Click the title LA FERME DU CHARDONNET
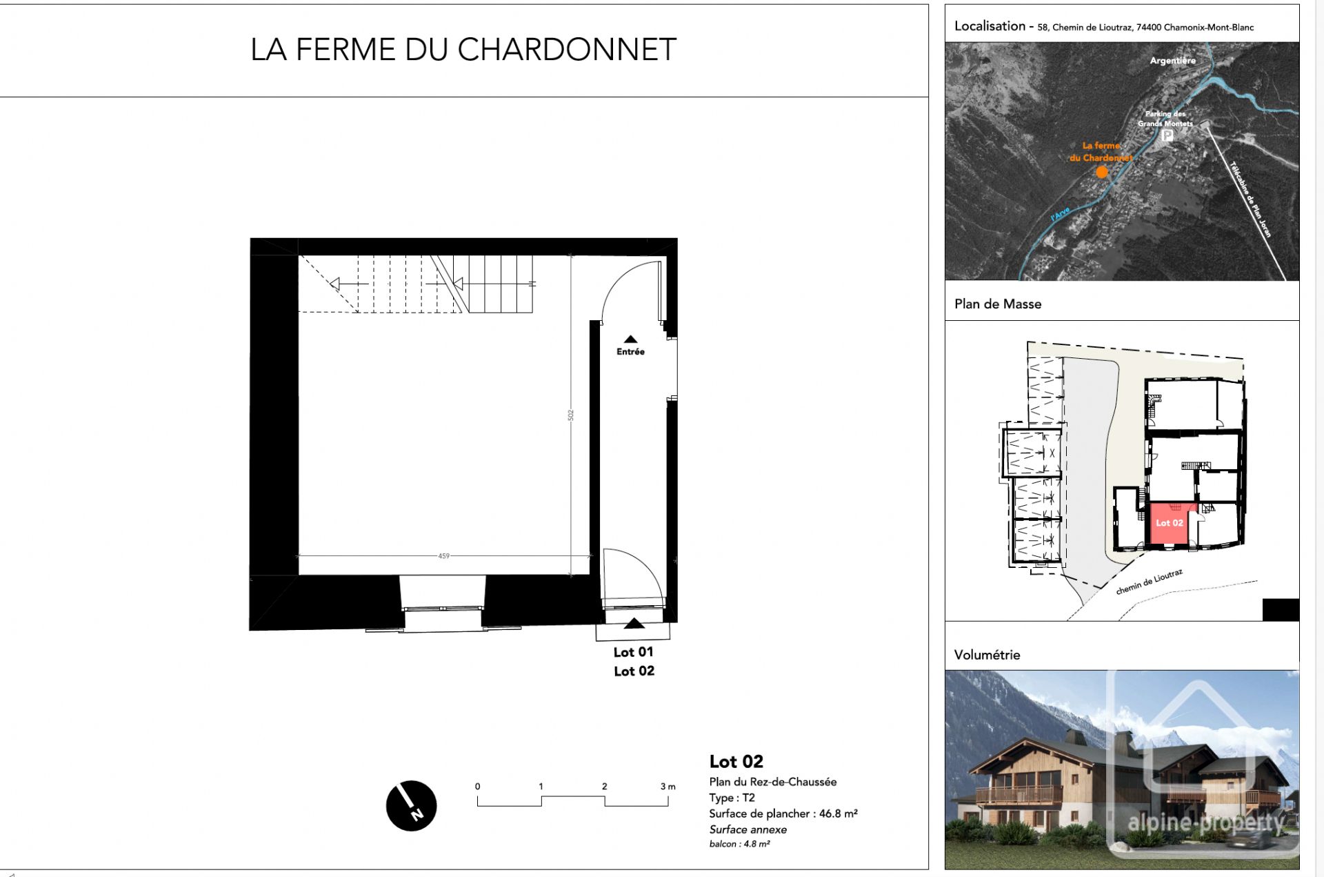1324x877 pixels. (x=463, y=50)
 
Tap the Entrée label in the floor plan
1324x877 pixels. (x=630, y=351)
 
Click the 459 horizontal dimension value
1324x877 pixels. (x=443, y=555)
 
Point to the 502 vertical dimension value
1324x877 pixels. (x=570, y=415)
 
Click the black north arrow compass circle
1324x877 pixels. (x=411, y=805)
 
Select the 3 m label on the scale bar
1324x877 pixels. (x=667, y=786)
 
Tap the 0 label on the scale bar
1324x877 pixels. (x=477, y=786)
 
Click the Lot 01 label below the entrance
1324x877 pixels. (x=633, y=651)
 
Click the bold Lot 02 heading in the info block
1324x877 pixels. (x=736, y=761)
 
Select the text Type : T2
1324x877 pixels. (x=732, y=797)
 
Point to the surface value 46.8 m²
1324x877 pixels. (x=838, y=814)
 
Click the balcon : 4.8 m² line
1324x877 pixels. (x=739, y=844)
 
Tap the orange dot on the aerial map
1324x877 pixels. (x=1102, y=172)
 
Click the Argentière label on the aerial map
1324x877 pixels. (x=1172, y=61)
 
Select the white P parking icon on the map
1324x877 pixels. (x=1167, y=135)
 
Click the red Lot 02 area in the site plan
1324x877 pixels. (x=1170, y=523)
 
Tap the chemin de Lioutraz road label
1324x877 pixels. (x=1149, y=582)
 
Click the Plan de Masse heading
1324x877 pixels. (x=997, y=304)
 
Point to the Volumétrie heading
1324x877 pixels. (x=987, y=655)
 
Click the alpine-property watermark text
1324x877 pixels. (x=1205, y=822)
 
